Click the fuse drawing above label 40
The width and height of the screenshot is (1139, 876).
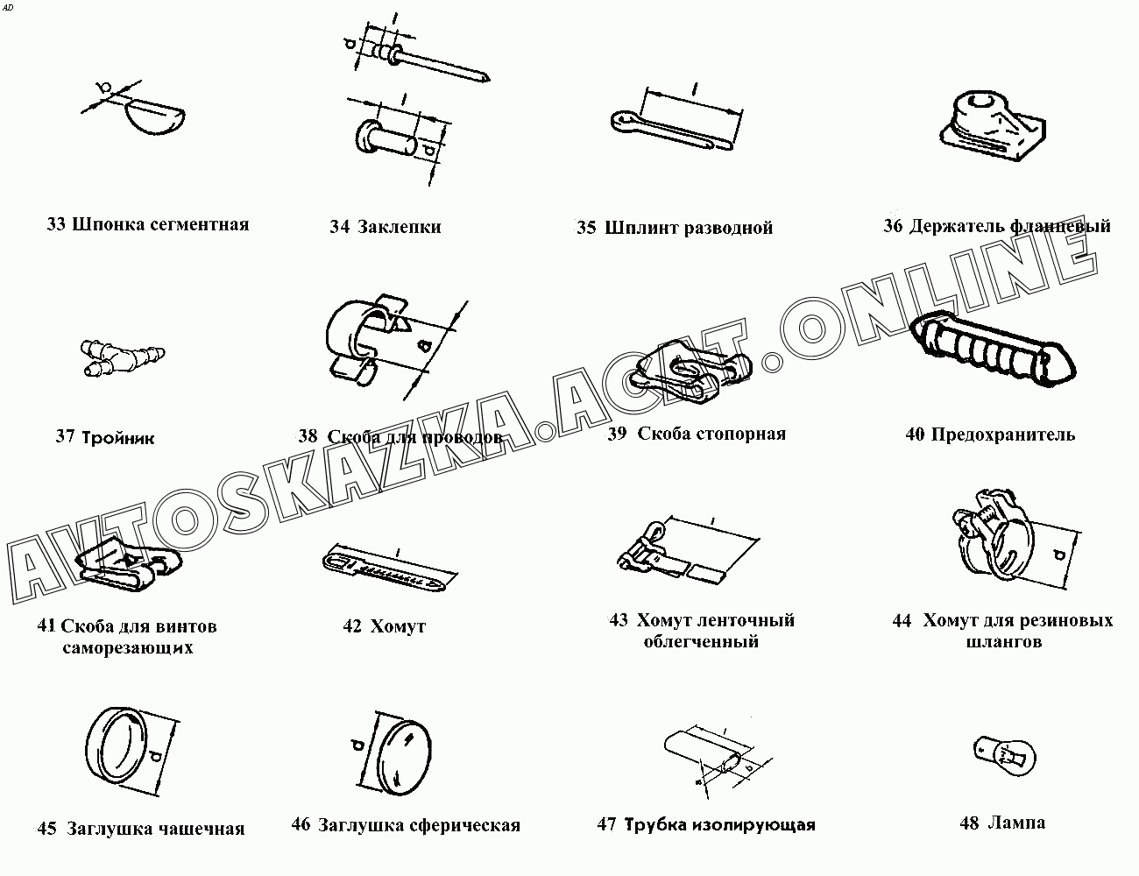992,349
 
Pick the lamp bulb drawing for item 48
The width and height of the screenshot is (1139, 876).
1004,756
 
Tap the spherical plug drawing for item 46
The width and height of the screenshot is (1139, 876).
405,755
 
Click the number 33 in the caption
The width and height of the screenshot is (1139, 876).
56,224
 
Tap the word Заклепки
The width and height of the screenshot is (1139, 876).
400,227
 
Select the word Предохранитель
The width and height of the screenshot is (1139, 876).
1002,434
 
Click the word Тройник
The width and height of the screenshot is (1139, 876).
118,437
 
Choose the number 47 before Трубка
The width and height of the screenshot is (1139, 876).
606,824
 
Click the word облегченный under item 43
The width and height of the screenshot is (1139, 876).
701,641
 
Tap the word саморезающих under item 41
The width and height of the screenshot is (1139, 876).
128,647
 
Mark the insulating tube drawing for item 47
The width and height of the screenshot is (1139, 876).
705,756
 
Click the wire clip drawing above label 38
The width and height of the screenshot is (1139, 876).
367,339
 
